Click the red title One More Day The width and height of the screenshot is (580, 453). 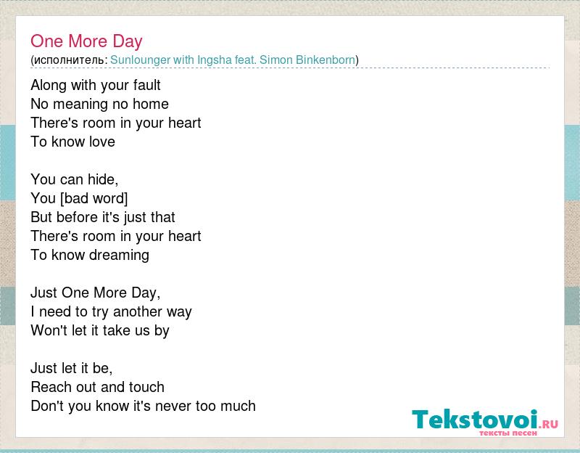pos(86,41)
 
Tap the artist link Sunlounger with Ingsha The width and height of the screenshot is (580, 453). pos(171,60)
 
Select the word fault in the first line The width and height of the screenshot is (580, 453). pos(147,85)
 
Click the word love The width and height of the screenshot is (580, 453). pos(102,142)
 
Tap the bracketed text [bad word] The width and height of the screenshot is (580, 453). pos(94,198)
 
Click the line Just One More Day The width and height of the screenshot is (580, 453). pos(96,293)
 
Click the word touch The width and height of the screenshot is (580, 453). pos(146,387)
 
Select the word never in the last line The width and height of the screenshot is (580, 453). pos(173,406)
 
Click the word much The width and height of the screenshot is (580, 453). pos(238,406)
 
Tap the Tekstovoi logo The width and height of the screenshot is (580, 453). pos(485,422)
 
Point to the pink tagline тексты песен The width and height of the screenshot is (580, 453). pos(508,433)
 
